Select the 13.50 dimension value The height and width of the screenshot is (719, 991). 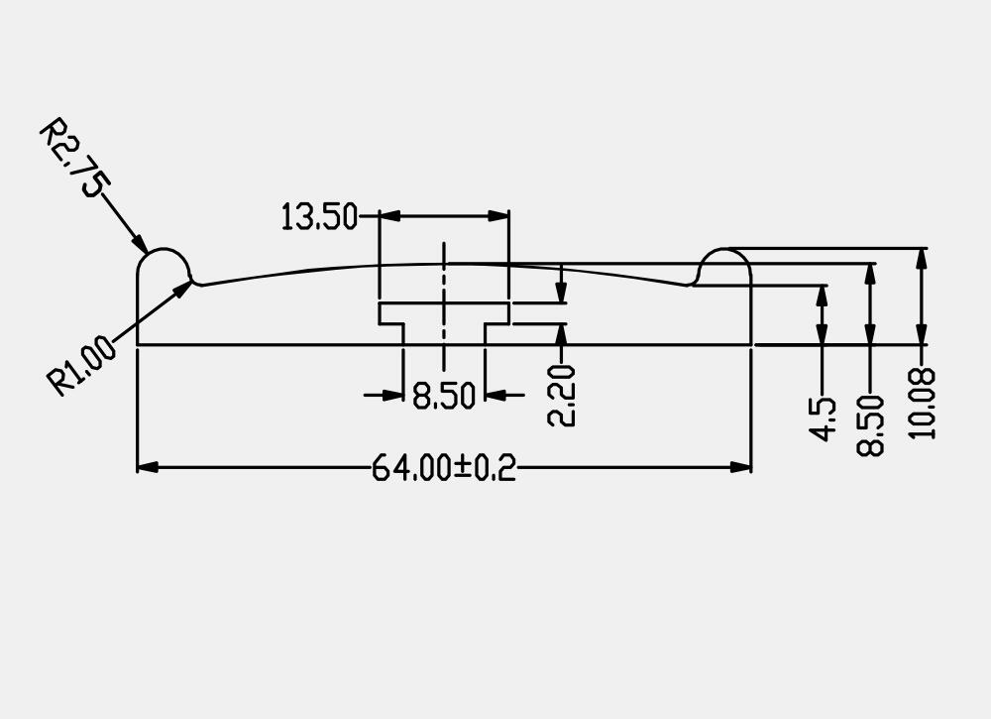tap(318, 216)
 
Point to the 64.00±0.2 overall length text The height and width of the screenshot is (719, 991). tap(444, 467)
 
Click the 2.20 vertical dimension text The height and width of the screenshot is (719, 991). tap(562, 395)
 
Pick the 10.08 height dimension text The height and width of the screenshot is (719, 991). tap(922, 403)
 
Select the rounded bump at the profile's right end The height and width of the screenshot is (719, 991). tap(725, 267)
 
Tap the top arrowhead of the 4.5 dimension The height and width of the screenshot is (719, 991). tap(823, 295)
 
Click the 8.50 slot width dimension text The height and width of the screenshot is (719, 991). tap(444, 396)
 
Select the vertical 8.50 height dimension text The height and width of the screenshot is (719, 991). tap(870, 424)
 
